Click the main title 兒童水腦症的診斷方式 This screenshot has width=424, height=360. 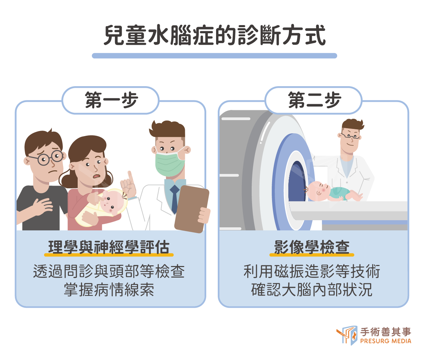(214, 35)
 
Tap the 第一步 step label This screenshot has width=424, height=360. (111, 100)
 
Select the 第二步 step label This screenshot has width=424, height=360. (314, 100)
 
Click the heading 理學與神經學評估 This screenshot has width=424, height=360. (109, 247)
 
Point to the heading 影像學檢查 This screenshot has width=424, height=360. (312, 247)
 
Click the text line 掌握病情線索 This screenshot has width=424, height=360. (109, 289)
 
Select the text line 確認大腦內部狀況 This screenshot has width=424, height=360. (312, 289)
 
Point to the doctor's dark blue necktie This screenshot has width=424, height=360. (174, 198)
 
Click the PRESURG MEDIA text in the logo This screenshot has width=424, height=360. (386, 341)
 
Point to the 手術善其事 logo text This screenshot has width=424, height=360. (386, 331)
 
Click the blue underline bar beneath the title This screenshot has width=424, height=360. (214, 56)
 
